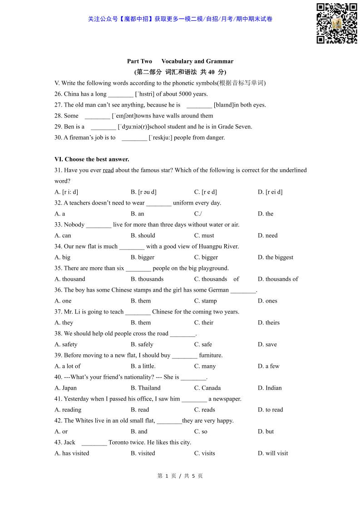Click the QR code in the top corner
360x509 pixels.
click(336, 24)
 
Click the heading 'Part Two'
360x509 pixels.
click(139, 61)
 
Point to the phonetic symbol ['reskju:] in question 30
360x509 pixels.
click(160, 137)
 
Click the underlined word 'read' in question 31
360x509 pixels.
click(108, 170)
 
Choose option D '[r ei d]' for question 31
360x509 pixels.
click(270, 192)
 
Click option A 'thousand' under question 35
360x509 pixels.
click(70, 279)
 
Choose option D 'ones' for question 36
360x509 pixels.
click(267, 301)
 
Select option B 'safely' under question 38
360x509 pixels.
click(142, 344)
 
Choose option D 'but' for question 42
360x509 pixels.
click(266, 431)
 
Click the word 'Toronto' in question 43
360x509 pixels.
click(120, 442)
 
